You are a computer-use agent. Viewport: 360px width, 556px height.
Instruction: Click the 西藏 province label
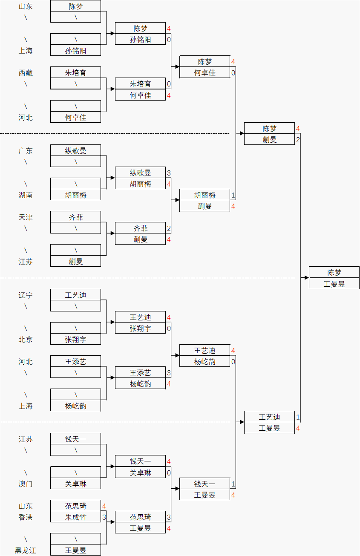pos(26,73)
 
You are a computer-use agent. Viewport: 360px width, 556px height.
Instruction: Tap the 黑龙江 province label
pos(26,550)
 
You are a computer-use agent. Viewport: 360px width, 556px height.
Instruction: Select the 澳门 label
pos(26,484)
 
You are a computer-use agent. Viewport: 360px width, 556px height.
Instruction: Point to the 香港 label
pos(26,517)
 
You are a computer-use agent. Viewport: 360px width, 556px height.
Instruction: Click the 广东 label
pos(26,151)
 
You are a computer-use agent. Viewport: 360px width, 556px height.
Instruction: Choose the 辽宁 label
pos(26,295)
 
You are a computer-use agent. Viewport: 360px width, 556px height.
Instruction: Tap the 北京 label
pos(26,340)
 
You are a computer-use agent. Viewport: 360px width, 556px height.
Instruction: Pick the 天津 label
pos(26,217)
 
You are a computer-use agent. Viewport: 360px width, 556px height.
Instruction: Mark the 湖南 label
pos(26,195)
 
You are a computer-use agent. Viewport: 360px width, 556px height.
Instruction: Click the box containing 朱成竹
pos(75,517)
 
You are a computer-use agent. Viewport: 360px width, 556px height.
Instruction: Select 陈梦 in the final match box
pos(334,273)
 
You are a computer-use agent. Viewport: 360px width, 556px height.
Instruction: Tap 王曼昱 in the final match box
pos(334,284)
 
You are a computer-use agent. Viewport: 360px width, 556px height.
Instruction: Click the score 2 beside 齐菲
pos(169,228)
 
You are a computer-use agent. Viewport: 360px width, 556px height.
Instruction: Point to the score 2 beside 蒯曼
pos(298,140)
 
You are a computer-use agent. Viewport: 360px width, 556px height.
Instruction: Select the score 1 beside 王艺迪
pos(298,417)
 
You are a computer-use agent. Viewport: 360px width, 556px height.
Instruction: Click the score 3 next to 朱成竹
pos(104,517)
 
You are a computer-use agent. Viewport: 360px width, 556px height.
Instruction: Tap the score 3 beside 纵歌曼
pos(169,173)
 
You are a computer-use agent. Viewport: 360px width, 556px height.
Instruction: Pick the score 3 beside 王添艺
pos(169,373)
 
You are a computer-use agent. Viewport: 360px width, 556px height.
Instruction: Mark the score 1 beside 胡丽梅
pos(233,195)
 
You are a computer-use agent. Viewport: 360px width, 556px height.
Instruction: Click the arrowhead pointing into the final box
pos(306,278)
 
